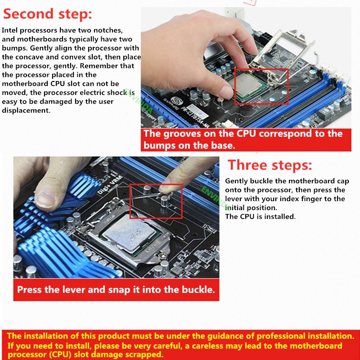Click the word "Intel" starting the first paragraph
(x=11, y=30)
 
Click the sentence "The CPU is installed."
(x=260, y=216)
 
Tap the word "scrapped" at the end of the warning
(x=144, y=355)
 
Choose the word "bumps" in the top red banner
(x=160, y=146)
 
